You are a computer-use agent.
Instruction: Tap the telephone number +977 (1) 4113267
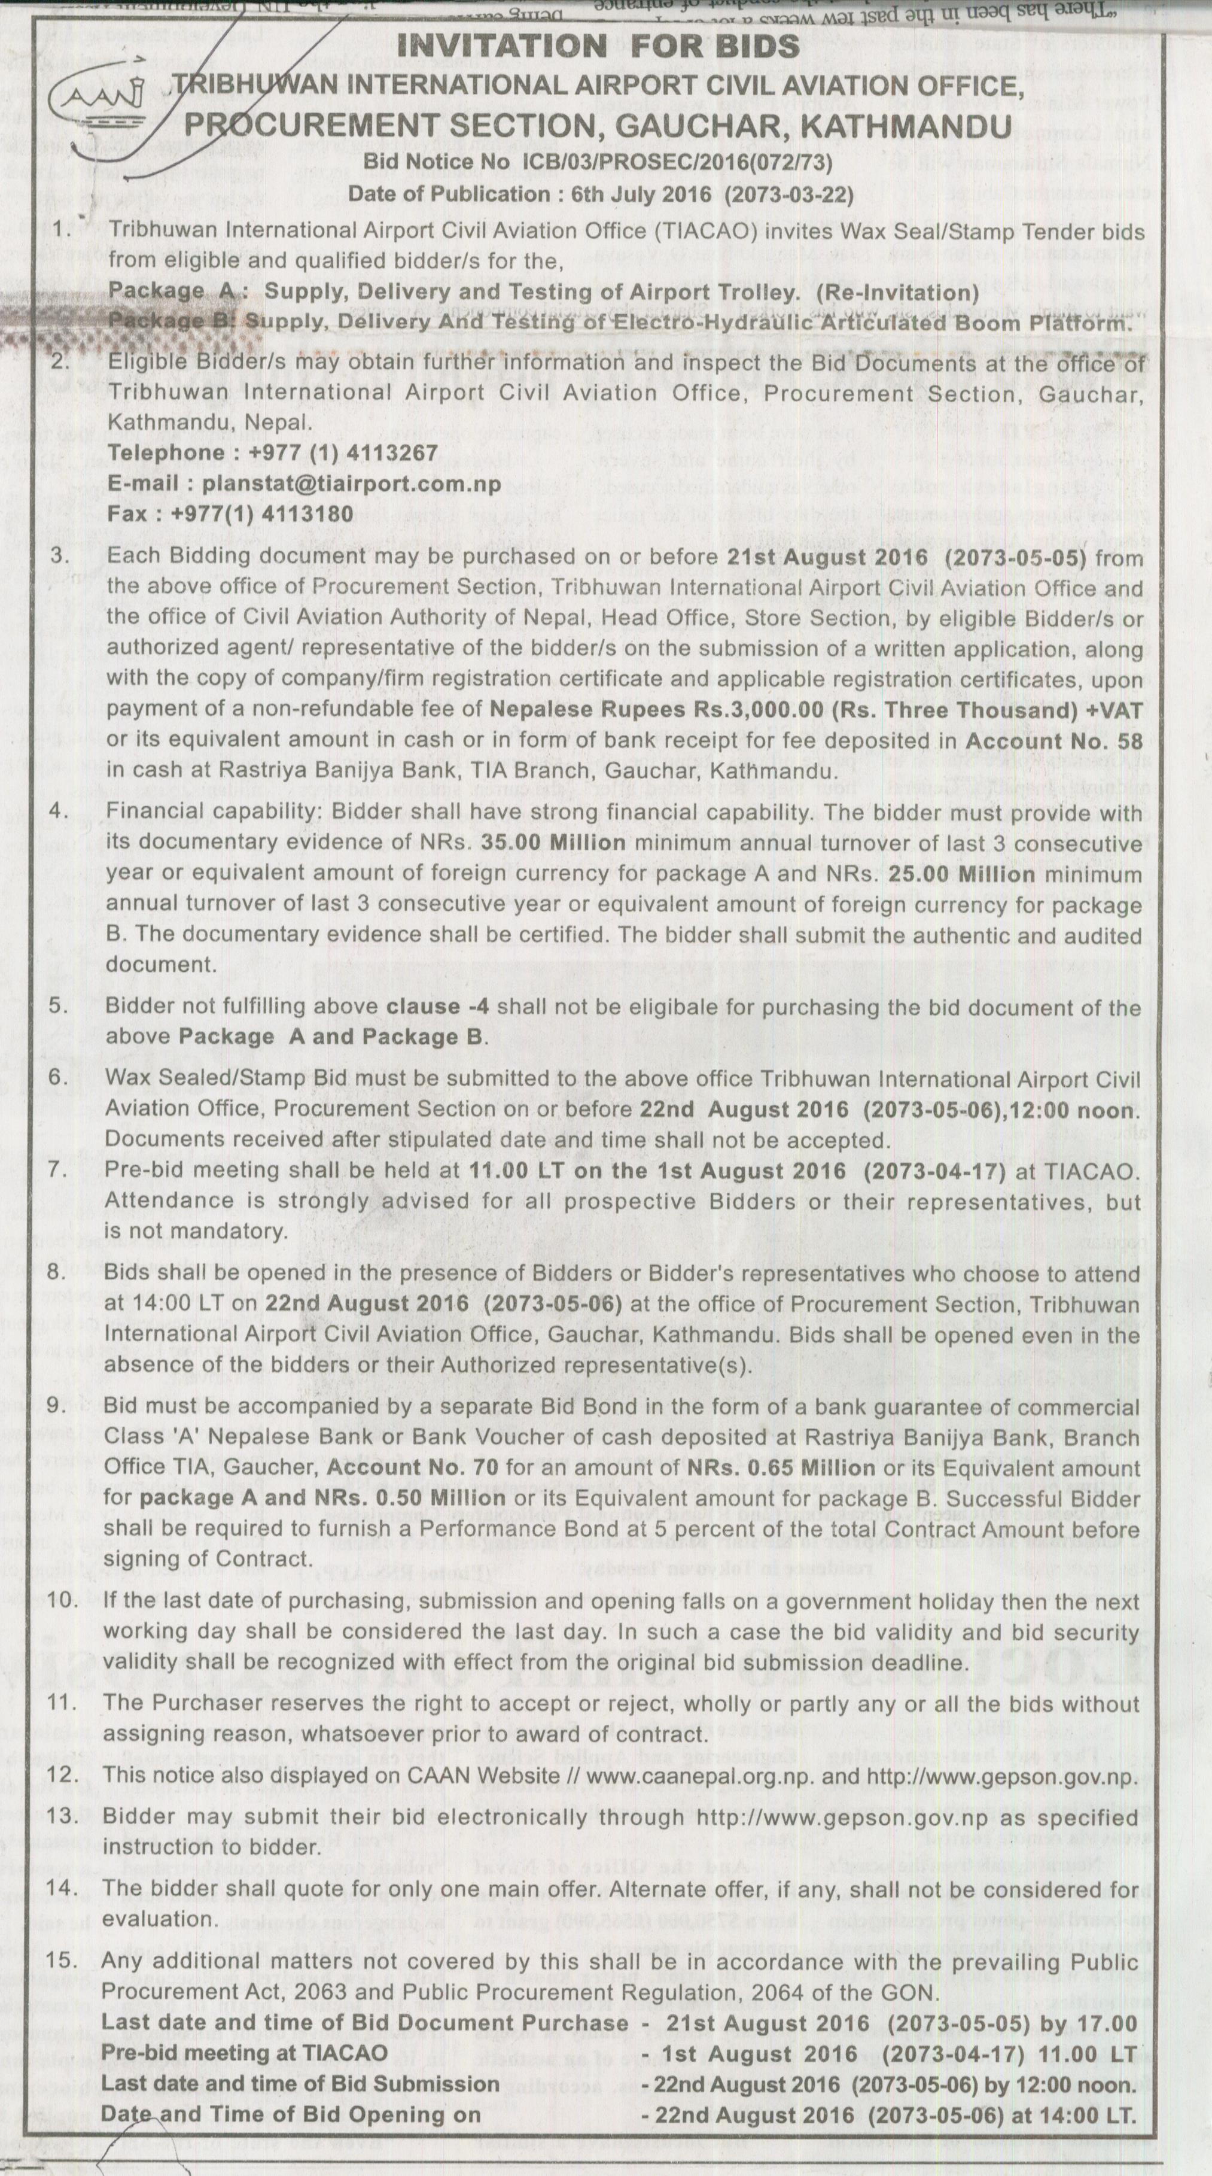coord(344,453)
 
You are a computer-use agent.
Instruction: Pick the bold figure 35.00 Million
coord(553,843)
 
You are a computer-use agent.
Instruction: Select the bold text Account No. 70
coord(412,1467)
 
